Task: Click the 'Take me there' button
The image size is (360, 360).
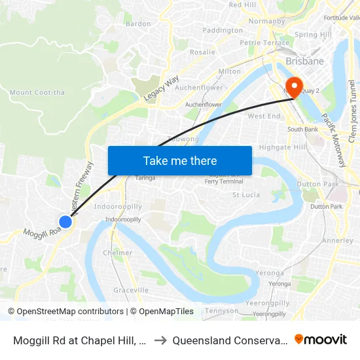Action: click(180, 160)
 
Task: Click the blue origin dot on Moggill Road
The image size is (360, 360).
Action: click(65, 222)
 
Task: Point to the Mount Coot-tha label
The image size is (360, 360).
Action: click(37, 92)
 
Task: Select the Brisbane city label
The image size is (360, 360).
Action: click(304, 62)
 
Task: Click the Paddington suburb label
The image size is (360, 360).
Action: click(223, 30)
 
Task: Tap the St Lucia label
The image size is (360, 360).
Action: click(246, 194)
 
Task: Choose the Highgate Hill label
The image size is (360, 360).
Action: click(283, 147)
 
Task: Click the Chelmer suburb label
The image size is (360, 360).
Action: click(118, 253)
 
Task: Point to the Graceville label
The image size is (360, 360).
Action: click(131, 290)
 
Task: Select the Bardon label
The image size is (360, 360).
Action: click(138, 24)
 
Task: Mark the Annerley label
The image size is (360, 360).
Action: click(338, 240)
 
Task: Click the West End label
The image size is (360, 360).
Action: click(264, 117)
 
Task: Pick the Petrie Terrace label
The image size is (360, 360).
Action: click(264, 43)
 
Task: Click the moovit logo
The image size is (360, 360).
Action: click(321, 339)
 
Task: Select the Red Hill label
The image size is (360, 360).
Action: click(242, 5)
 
